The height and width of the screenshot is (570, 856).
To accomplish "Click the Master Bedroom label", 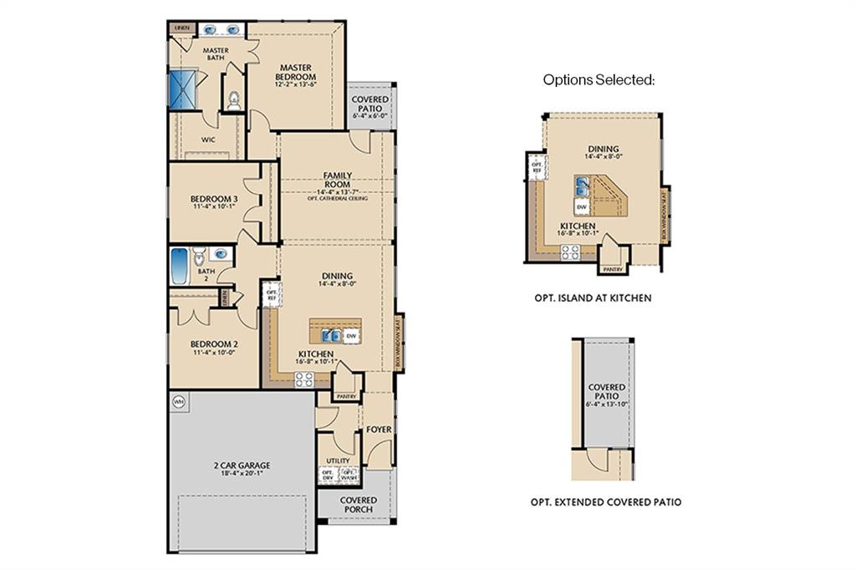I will point(297,72).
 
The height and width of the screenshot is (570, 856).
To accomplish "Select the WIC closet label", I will point(208,140).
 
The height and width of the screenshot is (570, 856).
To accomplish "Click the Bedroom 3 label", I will point(214,199).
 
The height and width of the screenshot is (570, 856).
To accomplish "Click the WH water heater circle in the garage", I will point(178,402).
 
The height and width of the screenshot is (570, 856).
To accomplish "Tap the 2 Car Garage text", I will point(241,466).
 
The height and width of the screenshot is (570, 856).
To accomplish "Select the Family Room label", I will point(338,180).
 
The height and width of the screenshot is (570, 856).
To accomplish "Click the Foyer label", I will point(379,430).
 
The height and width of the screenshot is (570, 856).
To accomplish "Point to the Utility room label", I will point(338,461).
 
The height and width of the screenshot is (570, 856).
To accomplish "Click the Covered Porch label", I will point(359,505).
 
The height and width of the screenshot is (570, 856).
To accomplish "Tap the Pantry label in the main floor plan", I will point(346,397).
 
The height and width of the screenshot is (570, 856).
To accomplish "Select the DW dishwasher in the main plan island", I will point(352,336).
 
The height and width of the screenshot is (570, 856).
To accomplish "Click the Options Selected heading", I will point(599,80).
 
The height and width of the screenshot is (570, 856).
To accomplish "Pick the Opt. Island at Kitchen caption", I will point(592,298).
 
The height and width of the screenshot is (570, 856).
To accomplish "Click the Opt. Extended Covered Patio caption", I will point(606,502).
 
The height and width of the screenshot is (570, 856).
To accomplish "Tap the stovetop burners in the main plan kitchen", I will point(304,379).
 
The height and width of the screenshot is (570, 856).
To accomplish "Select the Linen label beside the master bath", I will point(182,28).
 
